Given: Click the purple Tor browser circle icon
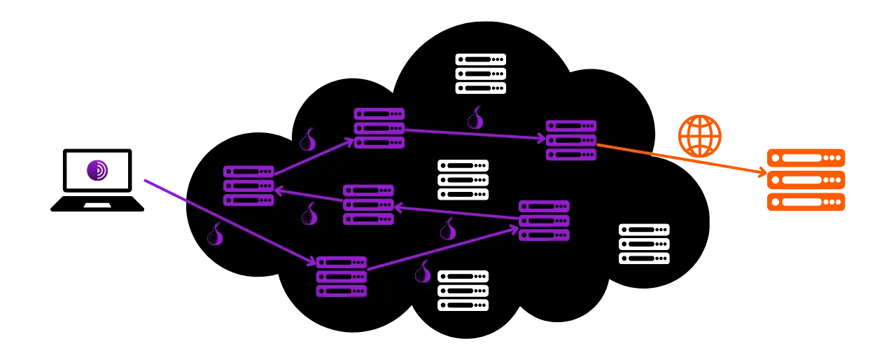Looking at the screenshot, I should pyautogui.click(x=97, y=170).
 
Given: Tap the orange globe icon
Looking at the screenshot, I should pyautogui.click(x=699, y=136).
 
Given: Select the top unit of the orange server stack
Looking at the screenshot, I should pyautogui.click(x=805, y=158).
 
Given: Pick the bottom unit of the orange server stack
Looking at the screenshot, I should pyautogui.click(x=805, y=203).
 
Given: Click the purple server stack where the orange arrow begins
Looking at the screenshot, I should pyautogui.click(x=570, y=140).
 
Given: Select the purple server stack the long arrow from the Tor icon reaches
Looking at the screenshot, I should pyautogui.click(x=341, y=276).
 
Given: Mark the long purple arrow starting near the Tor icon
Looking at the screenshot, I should pyautogui.click(x=231, y=222).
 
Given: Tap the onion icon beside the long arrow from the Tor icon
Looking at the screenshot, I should pyautogui.click(x=215, y=235).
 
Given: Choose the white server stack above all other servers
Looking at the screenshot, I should pyautogui.click(x=480, y=74).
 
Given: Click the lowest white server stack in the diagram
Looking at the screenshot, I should pyautogui.click(x=463, y=291).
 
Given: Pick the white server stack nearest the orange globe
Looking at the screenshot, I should pyautogui.click(x=643, y=244).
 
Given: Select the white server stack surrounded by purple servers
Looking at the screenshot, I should pyautogui.click(x=463, y=180).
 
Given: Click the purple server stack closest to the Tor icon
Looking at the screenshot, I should pyautogui.click(x=248, y=186).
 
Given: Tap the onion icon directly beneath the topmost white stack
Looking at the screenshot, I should pyautogui.click(x=475, y=118).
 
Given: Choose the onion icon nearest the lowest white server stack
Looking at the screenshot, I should pyautogui.click(x=423, y=272).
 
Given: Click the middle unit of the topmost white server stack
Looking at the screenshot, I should pyautogui.click(x=480, y=74).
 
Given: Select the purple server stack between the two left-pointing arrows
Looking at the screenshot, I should pyautogui.click(x=368, y=205).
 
